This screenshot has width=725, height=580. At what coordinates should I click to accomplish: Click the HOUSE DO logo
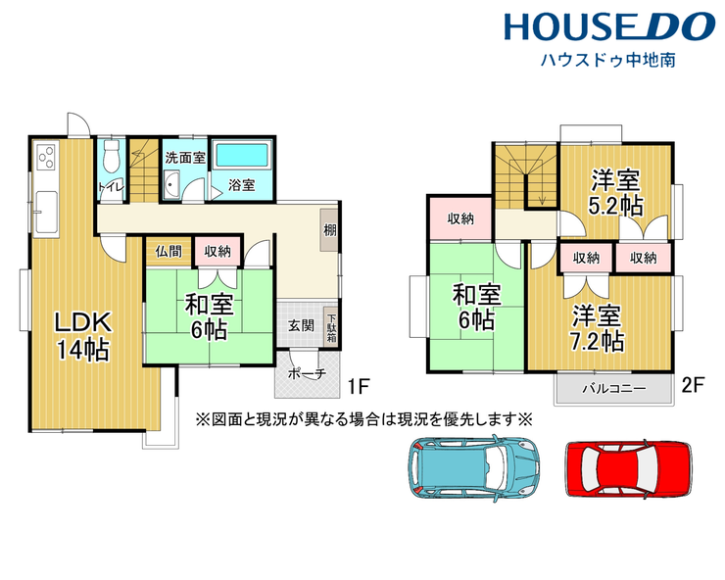click(609, 25)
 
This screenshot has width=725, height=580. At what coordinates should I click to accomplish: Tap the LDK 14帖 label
click(83, 336)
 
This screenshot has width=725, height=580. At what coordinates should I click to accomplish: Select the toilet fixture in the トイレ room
click(111, 157)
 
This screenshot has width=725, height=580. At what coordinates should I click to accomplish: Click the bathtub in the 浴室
click(242, 155)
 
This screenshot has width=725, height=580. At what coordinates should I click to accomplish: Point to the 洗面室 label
click(185, 158)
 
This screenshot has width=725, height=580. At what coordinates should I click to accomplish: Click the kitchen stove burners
click(46, 157)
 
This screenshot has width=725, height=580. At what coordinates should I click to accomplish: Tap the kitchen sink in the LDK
click(46, 212)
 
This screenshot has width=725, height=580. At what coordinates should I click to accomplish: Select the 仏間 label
click(169, 252)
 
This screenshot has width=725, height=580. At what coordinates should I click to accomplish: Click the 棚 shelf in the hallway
click(329, 230)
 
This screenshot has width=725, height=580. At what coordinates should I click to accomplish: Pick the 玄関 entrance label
click(301, 325)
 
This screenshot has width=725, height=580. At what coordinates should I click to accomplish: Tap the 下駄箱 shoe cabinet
click(331, 327)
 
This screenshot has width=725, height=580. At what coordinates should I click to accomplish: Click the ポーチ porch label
click(307, 373)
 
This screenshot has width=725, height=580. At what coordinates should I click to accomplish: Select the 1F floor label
click(358, 386)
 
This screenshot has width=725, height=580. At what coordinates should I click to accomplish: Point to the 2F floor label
click(693, 384)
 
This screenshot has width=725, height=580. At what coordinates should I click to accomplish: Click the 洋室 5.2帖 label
click(615, 193)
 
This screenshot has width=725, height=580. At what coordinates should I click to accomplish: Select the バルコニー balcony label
click(613, 389)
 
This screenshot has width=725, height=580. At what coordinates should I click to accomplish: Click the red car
click(629, 468)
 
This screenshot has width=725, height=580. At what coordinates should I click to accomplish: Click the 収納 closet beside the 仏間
click(217, 252)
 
